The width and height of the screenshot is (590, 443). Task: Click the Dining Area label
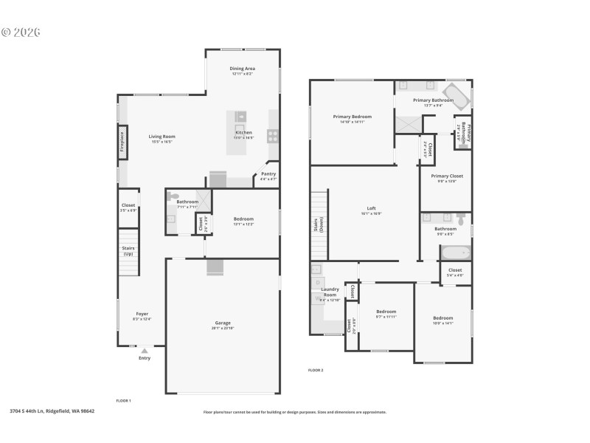pyautogui.click(x=243, y=69)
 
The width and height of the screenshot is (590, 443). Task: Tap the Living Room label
pyautogui.click(x=162, y=137)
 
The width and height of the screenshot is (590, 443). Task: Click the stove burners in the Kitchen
pyautogui.click(x=272, y=135)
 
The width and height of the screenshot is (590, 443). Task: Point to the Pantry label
pyautogui.click(x=268, y=174)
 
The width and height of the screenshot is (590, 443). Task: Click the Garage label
pyautogui.click(x=223, y=323)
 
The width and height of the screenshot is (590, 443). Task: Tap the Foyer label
pyautogui.click(x=142, y=314)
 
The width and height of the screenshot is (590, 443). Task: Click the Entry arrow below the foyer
pyautogui.click(x=145, y=351)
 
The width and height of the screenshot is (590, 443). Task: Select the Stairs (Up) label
pyautogui.click(x=128, y=251)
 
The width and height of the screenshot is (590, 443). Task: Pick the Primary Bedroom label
pyautogui.click(x=352, y=117)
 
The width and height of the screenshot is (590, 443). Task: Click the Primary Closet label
pyautogui.click(x=447, y=176)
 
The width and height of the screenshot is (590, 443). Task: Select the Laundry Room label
pyautogui.click(x=329, y=292)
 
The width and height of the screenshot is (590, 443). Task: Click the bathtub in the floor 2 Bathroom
pyautogui.click(x=456, y=253)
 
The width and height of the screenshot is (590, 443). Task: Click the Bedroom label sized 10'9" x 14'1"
pyautogui.click(x=442, y=317)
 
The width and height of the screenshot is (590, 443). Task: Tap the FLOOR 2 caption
pyautogui.click(x=316, y=370)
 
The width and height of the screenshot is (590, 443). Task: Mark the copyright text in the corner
pyautogui.click(x=21, y=32)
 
